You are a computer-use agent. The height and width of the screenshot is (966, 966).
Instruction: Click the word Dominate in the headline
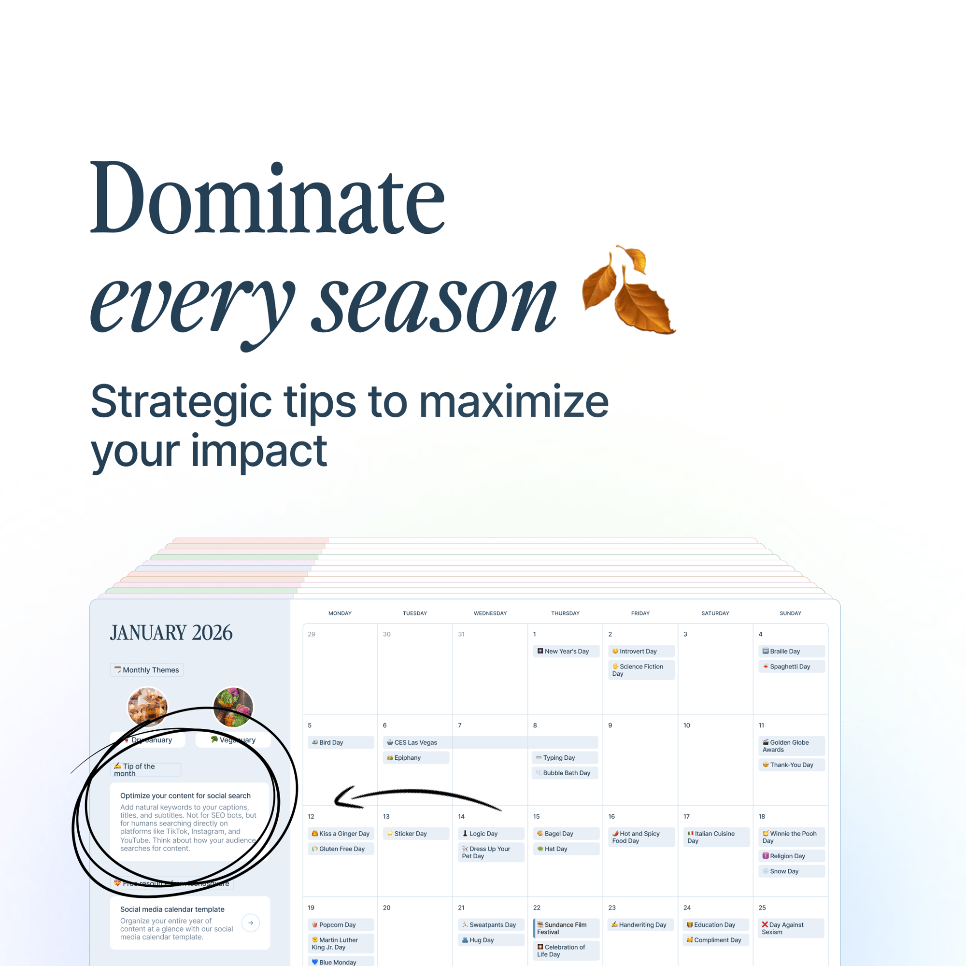tap(267, 199)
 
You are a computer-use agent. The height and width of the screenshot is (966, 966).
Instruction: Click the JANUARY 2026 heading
tap(171, 633)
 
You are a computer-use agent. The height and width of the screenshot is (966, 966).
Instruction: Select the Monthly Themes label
tap(146, 670)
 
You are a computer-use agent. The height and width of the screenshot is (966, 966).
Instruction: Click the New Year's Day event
tap(566, 651)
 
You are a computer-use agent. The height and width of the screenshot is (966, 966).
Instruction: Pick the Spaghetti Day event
tap(791, 667)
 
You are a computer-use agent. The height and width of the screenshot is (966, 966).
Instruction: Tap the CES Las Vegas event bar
tap(490, 742)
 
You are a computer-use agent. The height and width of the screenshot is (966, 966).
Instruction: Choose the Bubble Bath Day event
tap(566, 773)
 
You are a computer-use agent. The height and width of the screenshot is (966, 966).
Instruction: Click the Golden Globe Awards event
tap(791, 746)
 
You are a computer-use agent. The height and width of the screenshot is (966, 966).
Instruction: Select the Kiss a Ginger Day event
tap(341, 834)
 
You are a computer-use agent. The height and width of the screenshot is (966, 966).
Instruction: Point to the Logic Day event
tap(491, 834)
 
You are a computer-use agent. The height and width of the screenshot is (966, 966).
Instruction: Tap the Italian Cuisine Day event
tap(715, 837)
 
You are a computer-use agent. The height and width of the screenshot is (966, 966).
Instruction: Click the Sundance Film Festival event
tap(566, 928)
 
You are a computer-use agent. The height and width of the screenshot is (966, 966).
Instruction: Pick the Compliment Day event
tap(715, 940)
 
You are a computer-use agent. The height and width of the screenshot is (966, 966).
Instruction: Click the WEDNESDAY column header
tap(490, 613)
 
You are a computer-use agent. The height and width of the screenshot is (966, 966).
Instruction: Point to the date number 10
tap(686, 725)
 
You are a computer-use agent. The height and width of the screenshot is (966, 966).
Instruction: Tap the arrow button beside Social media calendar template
tap(251, 923)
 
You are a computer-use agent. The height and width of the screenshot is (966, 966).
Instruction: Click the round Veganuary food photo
tap(233, 707)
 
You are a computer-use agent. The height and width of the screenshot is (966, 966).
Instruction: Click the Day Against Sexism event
tap(791, 928)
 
